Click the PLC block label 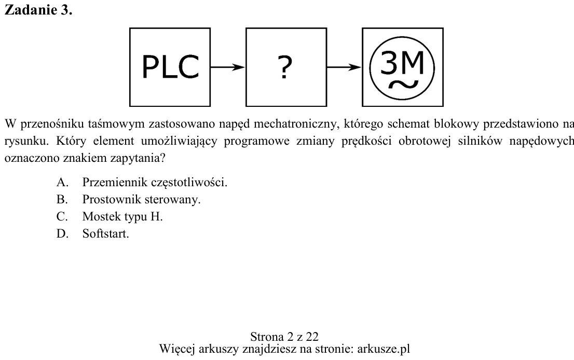170,67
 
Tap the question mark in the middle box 285,67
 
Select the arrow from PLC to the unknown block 227,67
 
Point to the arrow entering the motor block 344,67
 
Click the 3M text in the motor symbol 402,62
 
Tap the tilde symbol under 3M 403,85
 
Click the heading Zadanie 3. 38,10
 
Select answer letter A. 63,182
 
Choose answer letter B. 62,199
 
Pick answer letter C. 62,217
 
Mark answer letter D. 63,233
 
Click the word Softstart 105,233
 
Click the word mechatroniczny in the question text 297,124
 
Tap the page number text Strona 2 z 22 284,337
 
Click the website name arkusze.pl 384,349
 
